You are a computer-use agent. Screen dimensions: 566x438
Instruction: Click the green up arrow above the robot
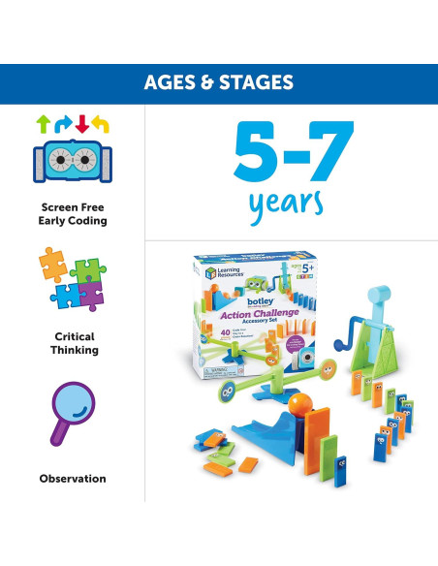click(x=43, y=124)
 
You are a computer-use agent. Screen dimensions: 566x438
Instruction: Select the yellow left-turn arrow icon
click(x=103, y=124)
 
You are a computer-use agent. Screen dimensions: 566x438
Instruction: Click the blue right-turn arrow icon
click(x=63, y=124)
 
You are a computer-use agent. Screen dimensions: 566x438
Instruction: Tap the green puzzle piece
click(x=90, y=270)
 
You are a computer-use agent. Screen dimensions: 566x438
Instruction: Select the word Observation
click(x=73, y=478)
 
